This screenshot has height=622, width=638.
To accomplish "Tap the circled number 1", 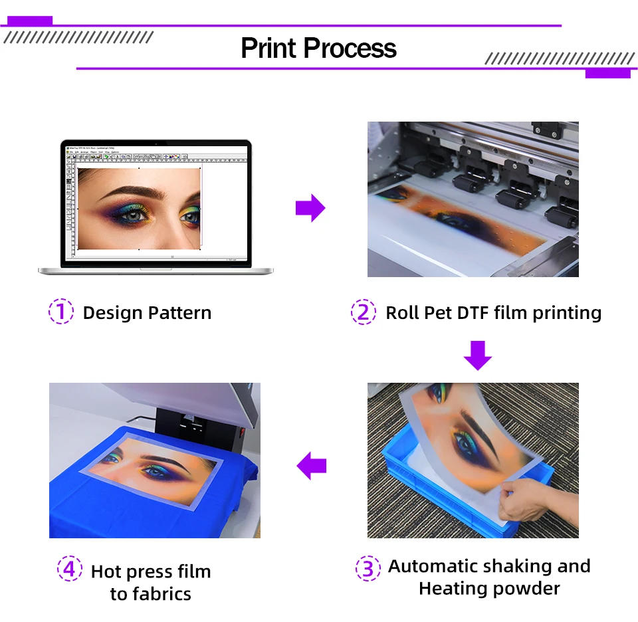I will point(60,312).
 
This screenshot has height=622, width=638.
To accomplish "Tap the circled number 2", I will point(364,312).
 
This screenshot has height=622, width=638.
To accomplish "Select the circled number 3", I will point(368,569).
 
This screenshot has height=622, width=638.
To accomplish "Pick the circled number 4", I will point(69,570).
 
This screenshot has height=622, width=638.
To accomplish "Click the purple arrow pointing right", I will point(310,209).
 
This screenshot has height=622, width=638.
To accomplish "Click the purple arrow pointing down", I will point(477,355).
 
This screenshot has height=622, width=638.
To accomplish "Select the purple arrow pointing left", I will point(311,465).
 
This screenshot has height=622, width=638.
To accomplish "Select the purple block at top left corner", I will point(29,21).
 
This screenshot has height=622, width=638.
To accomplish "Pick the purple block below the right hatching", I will point(607,73).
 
